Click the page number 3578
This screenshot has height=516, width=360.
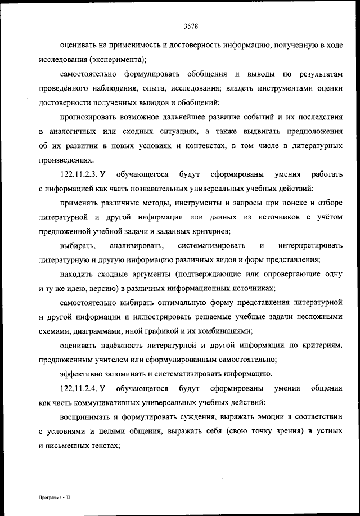coord(192,25)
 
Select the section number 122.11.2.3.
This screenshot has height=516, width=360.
coord(79,174)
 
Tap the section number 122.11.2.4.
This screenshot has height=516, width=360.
coord(79,388)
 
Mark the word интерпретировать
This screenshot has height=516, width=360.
coord(310,246)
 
